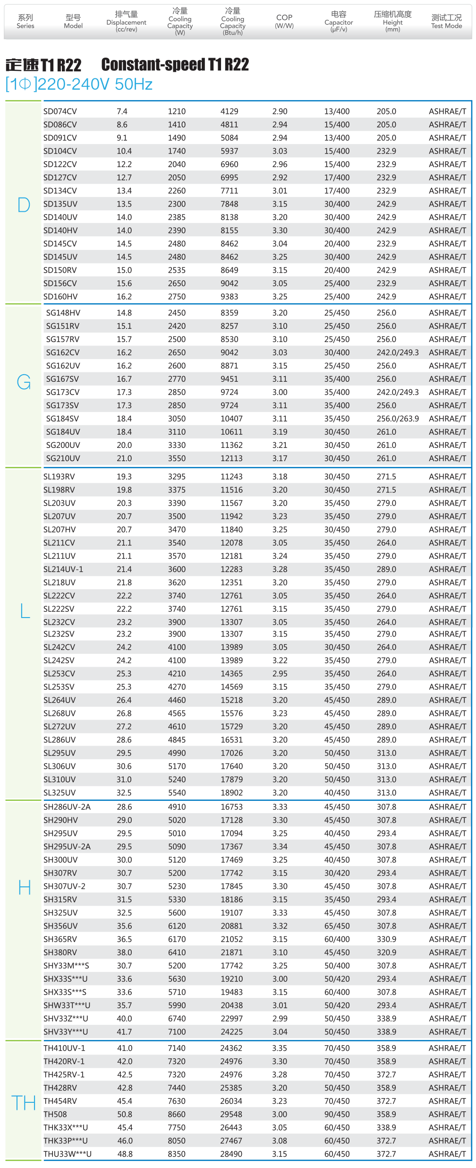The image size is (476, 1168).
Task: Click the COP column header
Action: pyautogui.click(x=284, y=21)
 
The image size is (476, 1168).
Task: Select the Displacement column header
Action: pyautogui.click(x=126, y=22)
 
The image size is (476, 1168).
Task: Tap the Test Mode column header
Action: pyautogui.click(x=446, y=21)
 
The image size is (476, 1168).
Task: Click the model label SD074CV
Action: pyautogui.click(x=60, y=112)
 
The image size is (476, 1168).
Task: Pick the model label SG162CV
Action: pyautogui.click(x=63, y=352)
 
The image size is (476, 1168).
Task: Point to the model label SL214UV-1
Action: pyautogui.click(x=63, y=569)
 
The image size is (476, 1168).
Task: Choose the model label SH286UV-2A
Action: pyautogui.click(x=67, y=807)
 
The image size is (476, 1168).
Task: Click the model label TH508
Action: pyautogui.click(x=55, y=1114)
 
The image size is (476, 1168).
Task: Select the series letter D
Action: pyautogui.click(x=24, y=205)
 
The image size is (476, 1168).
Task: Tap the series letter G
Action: pyautogui.click(x=24, y=382)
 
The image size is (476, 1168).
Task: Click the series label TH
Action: pyautogui.click(x=24, y=1103)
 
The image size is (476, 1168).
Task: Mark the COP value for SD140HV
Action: pyautogui.click(x=280, y=231)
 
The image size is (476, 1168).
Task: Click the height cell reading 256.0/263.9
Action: pyautogui.click(x=398, y=419)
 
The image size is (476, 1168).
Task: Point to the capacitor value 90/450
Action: pyautogui.click(x=337, y=1114)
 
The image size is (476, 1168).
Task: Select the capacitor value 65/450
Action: pyautogui.click(x=337, y=926)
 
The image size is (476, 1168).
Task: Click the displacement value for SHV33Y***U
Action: pyautogui.click(x=125, y=1032)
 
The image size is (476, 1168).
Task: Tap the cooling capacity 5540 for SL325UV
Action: pyautogui.click(x=177, y=793)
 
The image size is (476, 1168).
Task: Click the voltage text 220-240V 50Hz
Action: pyautogui.click(x=95, y=84)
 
